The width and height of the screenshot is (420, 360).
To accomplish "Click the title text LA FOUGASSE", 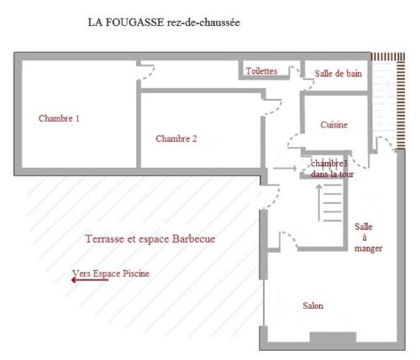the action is [x=126, y=23].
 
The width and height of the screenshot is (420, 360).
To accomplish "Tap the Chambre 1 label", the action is [x=59, y=118].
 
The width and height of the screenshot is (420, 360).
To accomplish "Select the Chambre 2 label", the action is [x=176, y=138].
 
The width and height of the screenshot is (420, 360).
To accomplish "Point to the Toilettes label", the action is [x=261, y=71].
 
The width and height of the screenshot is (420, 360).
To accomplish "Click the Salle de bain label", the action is [x=339, y=74].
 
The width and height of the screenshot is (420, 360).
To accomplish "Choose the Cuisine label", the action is [x=334, y=124].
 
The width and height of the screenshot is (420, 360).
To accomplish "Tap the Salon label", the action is [x=312, y=305].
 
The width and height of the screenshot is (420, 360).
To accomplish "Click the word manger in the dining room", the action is [x=368, y=248].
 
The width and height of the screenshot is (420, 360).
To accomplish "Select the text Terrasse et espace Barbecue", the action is [x=150, y=239].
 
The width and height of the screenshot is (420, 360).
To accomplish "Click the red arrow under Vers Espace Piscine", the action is [x=90, y=279].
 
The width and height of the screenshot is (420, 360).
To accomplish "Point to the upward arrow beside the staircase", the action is [x=319, y=202].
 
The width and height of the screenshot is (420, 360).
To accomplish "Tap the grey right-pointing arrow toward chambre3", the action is [x=285, y=168].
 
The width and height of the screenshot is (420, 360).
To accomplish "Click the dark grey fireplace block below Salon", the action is [x=333, y=337].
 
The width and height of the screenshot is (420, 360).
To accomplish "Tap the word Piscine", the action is [x=136, y=274].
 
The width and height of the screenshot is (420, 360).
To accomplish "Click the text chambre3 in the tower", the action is [x=329, y=164].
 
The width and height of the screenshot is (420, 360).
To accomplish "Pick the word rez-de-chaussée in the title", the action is [x=204, y=23].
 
